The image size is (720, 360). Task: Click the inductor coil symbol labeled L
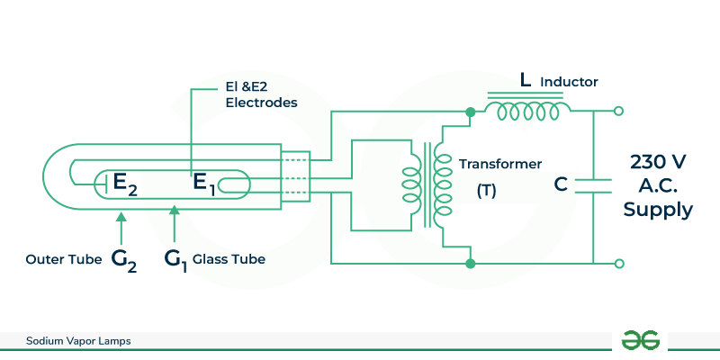pos(526,112)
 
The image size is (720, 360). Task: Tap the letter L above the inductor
pos(526,81)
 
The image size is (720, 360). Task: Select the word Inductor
pos(571,82)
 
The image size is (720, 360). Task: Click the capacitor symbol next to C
pos(594,184)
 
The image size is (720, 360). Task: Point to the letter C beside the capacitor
pos(561,184)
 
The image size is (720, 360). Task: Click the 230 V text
pos(659,162)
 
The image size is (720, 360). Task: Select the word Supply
pos(659,210)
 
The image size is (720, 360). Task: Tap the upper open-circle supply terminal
pos(618,112)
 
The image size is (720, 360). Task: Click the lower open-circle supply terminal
pos(618,264)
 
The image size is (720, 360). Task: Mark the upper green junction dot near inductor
pos(470,112)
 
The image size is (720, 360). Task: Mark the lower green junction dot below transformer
pos(470,264)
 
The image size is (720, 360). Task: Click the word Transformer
pos(500,165)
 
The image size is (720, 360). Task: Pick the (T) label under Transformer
pos(488,192)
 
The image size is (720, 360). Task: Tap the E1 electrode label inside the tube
pos(204,184)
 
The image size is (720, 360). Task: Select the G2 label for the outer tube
pos(124,260)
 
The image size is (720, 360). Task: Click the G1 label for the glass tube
pos(175,260)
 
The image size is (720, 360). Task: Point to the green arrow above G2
pos(121,227)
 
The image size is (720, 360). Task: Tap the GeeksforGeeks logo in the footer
pos(641,340)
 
